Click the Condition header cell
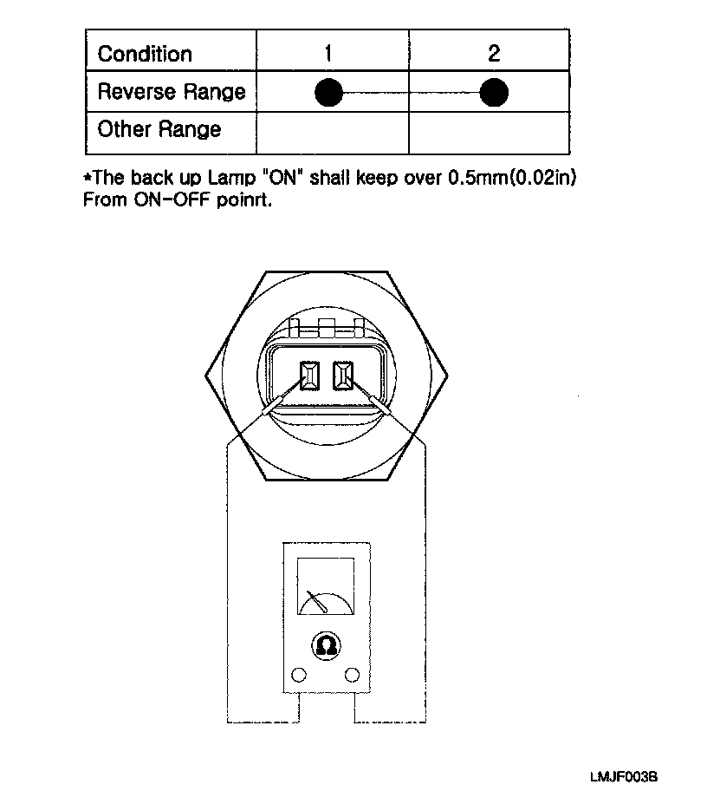pos(145,54)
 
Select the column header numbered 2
pos(494,54)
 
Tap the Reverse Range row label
pos(172,92)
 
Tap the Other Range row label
pos(159,130)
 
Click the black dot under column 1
pos(329,92)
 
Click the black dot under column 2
pos(494,92)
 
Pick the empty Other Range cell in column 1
pos(333,131)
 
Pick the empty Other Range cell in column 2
pos(489,131)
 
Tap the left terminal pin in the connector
pos(308,376)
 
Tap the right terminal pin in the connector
pos(343,376)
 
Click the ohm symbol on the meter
pos(326,644)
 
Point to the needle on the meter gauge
pos(317,599)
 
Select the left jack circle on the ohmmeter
pos(300,675)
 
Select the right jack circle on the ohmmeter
pos(352,675)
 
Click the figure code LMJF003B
pos(631,777)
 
